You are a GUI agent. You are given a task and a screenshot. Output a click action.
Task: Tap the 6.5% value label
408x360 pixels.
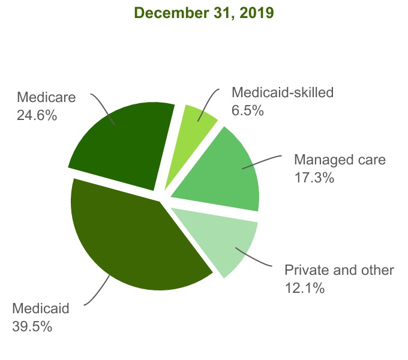tap(248, 110)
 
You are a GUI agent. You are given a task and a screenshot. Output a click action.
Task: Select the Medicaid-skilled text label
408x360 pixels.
tap(282, 93)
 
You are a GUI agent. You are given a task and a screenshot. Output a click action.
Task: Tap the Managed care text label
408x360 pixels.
tap(339, 160)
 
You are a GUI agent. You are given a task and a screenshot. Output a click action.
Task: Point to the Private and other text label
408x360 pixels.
tap(339, 270)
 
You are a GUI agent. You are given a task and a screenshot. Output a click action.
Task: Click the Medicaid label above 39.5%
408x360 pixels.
tap(41, 309)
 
